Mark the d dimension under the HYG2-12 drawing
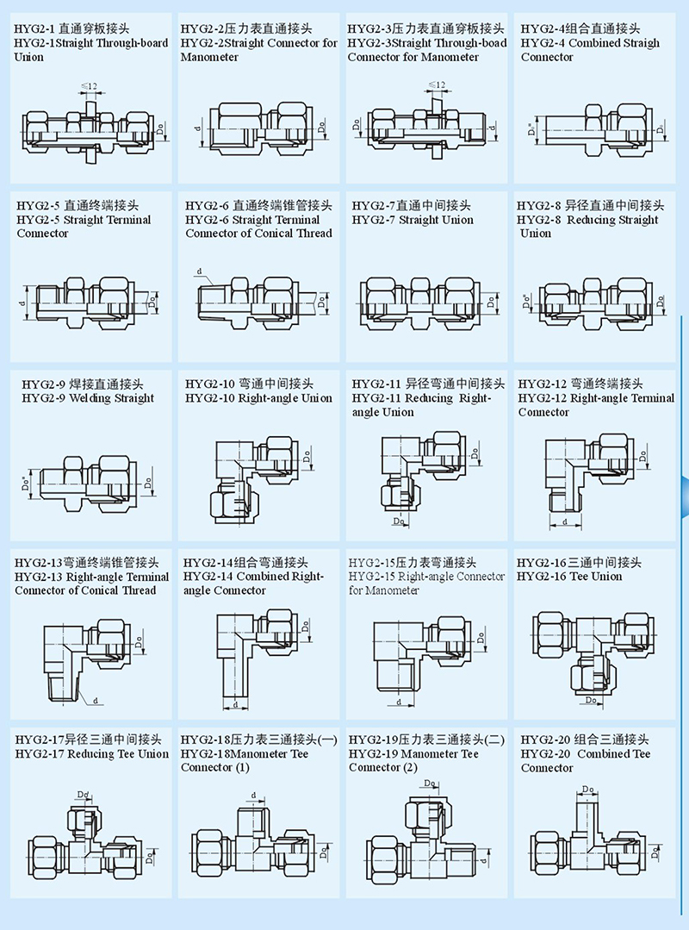(565, 522)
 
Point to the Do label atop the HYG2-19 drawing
(430, 783)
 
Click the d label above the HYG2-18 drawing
(253, 795)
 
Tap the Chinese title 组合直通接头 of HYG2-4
(615, 28)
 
